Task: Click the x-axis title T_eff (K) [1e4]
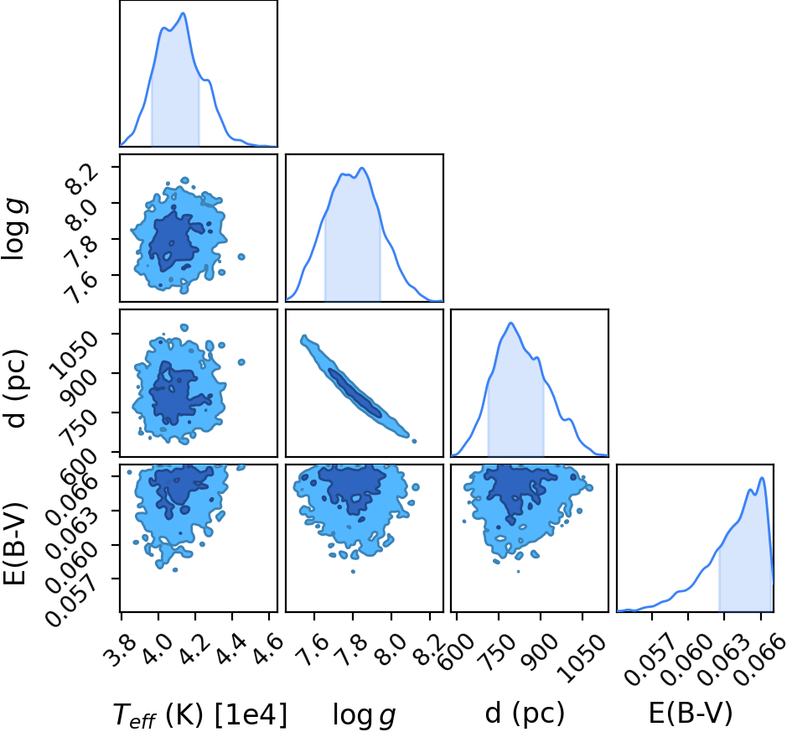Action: point(200,716)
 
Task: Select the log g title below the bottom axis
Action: point(364,716)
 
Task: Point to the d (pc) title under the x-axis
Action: point(525,714)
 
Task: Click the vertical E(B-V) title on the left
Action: point(14,543)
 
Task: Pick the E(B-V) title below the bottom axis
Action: point(690,714)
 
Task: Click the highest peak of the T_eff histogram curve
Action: point(183,13)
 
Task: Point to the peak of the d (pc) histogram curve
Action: point(511,323)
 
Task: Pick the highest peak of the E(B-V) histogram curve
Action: point(762,478)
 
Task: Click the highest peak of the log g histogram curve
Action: point(362,169)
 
